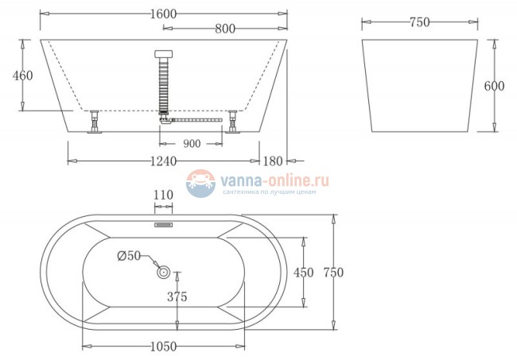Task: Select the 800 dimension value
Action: coord(224,29)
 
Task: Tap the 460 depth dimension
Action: coord(23,76)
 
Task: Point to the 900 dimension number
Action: coord(191,144)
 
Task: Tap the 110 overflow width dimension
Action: coord(163,194)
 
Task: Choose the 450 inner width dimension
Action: coord(303,272)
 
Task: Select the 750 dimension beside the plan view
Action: coord(332,272)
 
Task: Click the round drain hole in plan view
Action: coord(164,273)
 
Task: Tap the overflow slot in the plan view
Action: coord(163,225)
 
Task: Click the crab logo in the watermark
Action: coord(200,184)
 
